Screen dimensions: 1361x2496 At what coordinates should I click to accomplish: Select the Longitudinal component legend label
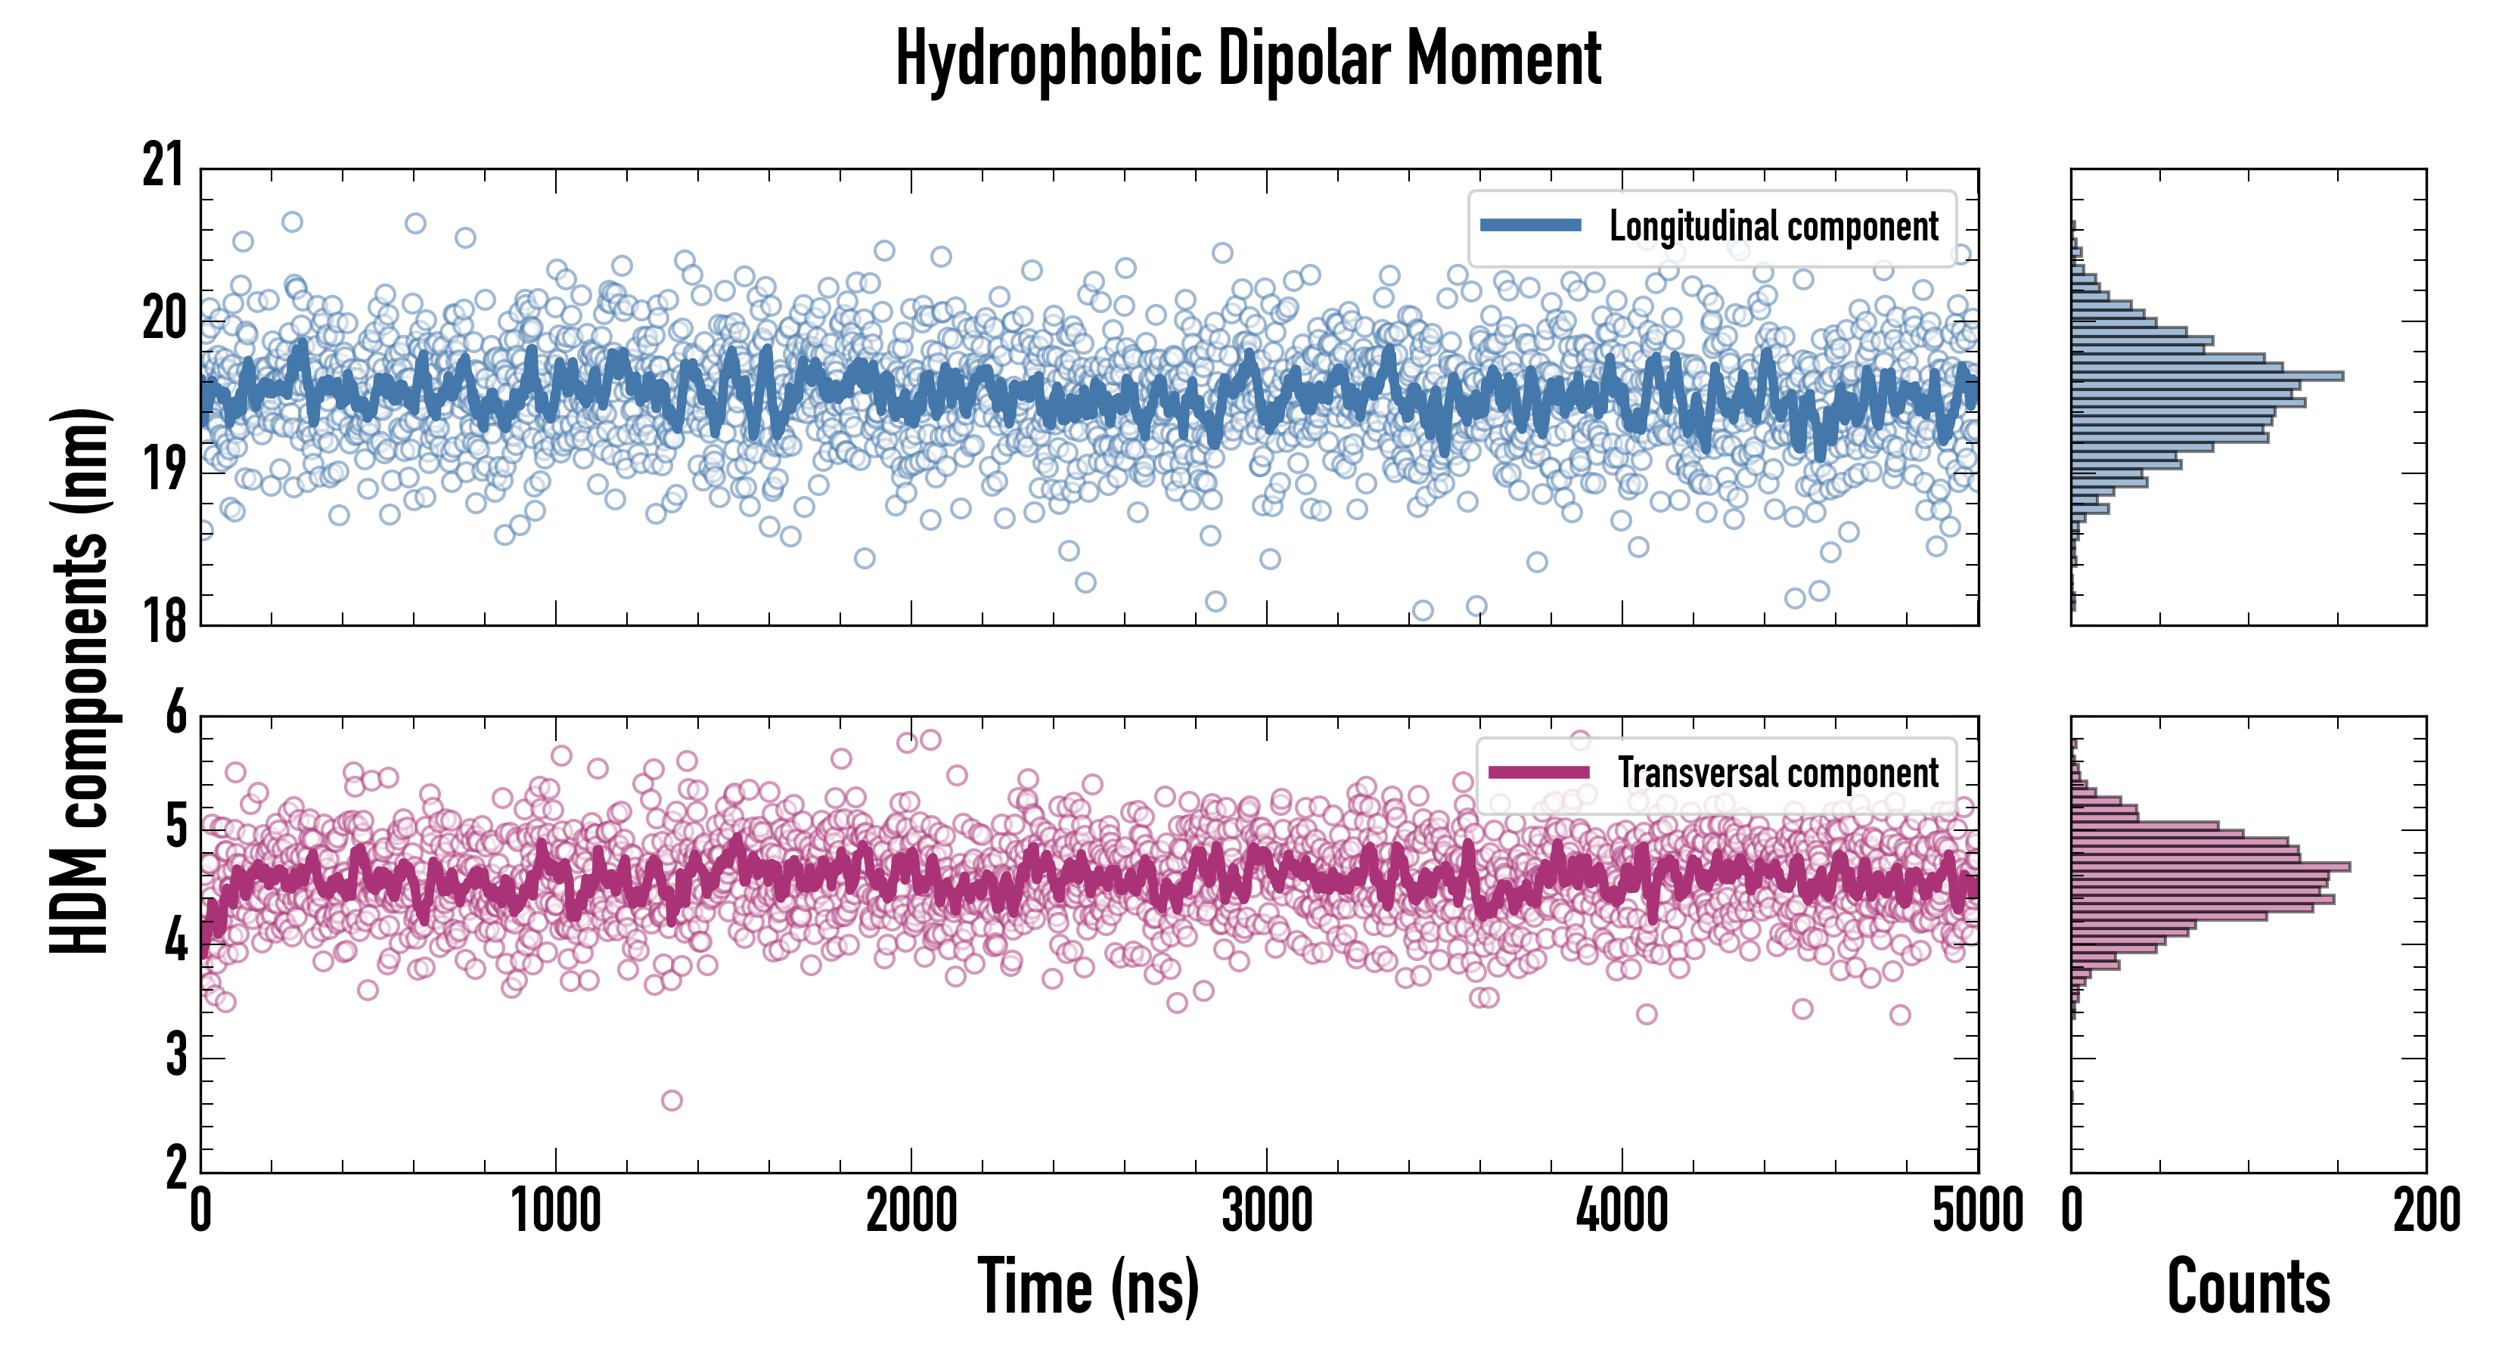[1773, 227]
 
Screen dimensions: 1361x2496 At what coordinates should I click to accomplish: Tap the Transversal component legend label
[1778, 773]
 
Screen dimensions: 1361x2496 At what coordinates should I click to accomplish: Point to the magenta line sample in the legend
[1538, 772]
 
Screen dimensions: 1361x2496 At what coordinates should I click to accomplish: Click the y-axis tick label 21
[163, 166]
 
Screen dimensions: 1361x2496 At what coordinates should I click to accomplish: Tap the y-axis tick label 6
[175, 714]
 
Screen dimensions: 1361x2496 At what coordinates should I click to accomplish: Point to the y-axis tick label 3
[175, 1055]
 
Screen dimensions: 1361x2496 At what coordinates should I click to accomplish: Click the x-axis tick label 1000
[556, 1211]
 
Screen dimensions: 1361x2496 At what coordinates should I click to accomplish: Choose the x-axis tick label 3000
[1266, 1211]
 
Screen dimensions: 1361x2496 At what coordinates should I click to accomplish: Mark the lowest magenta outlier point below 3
[672, 1100]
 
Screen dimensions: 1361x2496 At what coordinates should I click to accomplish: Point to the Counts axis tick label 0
[2072, 1211]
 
